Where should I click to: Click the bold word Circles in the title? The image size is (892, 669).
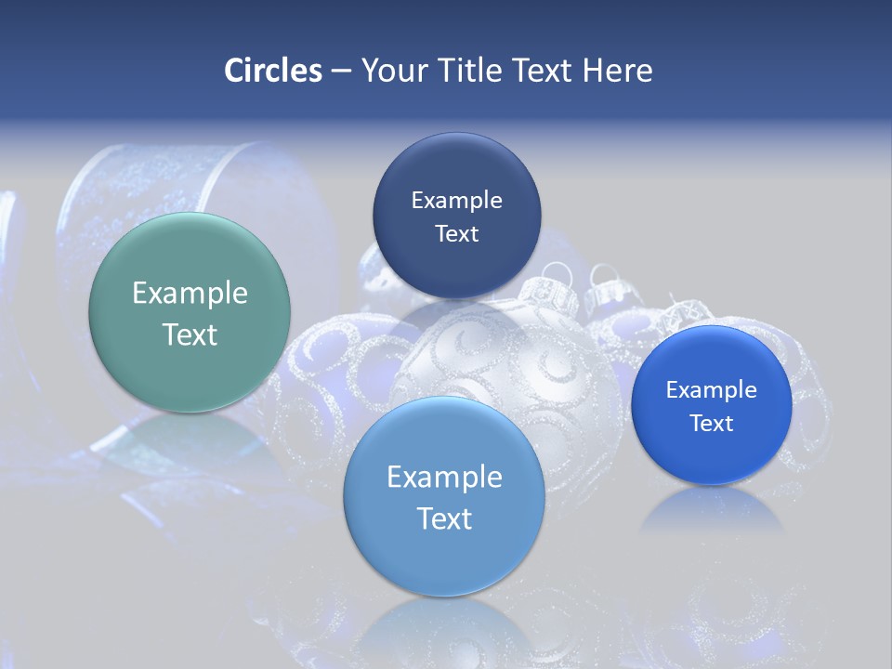tap(273, 71)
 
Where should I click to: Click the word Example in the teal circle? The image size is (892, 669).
tap(190, 294)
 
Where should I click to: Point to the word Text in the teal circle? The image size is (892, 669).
tap(190, 335)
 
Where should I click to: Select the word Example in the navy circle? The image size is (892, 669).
tap(456, 201)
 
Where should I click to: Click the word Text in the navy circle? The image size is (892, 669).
tap(456, 234)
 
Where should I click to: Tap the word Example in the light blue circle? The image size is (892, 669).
tap(444, 478)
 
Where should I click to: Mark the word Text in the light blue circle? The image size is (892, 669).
tap(444, 518)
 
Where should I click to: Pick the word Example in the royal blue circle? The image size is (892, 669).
tap(712, 390)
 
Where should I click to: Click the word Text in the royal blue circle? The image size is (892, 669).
tap(712, 424)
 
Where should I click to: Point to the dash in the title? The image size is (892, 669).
tap(341, 72)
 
